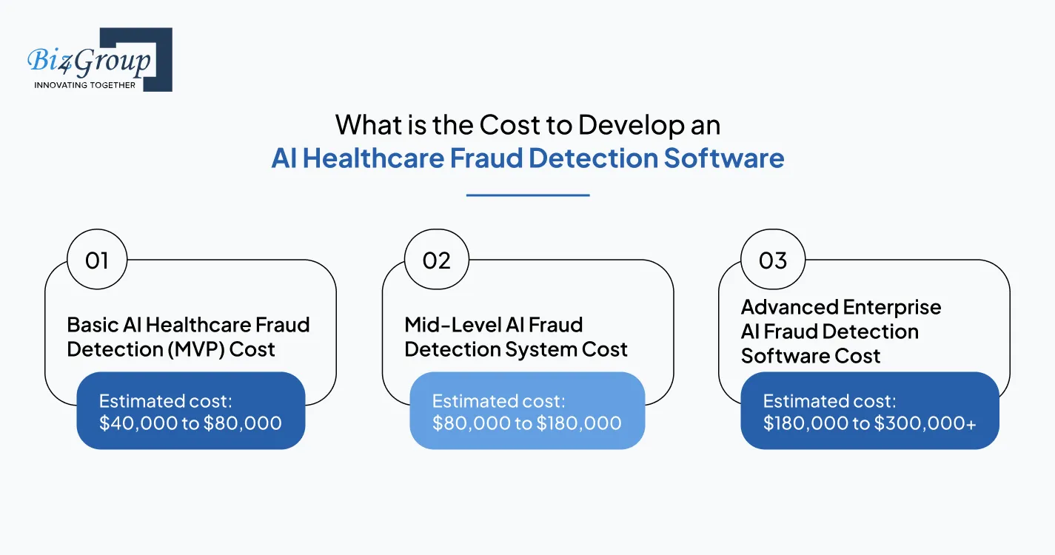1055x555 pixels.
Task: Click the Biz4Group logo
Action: coord(99,60)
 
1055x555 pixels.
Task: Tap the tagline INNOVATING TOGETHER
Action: coord(84,85)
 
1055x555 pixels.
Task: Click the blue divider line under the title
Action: coord(528,195)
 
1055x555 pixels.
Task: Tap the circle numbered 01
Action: coord(97,260)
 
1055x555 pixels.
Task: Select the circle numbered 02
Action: coord(436,260)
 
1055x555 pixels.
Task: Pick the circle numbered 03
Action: coord(773,260)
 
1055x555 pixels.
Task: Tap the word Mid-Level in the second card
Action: coord(449,325)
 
